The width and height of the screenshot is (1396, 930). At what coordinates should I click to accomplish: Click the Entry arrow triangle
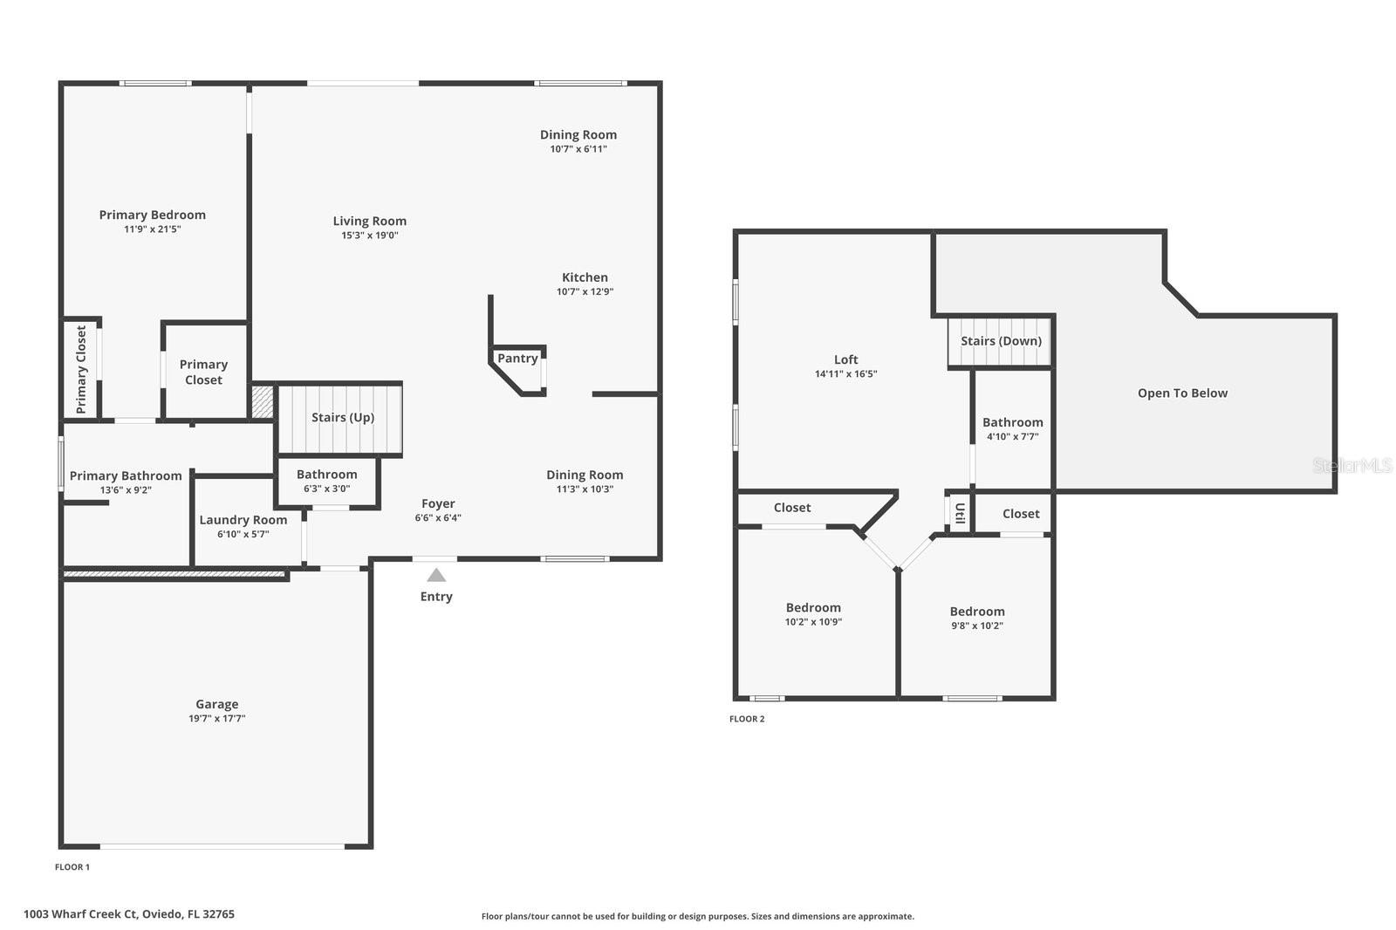click(436, 575)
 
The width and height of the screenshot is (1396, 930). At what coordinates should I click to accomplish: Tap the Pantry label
click(517, 359)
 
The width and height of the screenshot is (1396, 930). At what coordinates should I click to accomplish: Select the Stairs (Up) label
click(343, 418)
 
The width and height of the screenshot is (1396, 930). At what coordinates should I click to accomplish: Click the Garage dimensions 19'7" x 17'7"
click(217, 719)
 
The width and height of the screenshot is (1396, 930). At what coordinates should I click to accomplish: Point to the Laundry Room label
click(243, 520)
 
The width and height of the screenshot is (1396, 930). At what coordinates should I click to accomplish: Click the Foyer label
click(438, 503)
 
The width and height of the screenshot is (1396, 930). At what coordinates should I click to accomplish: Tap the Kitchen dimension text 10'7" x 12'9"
click(585, 292)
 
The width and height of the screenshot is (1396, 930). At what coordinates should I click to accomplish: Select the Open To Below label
click(1182, 393)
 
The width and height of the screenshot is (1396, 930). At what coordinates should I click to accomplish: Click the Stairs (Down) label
click(1001, 341)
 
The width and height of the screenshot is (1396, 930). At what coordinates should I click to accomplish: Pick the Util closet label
click(959, 512)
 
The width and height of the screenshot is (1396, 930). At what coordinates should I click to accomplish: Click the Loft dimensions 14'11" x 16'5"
click(845, 374)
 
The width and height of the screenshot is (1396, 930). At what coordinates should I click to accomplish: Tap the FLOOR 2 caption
click(747, 719)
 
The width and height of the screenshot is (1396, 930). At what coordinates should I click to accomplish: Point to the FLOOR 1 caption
click(72, 867)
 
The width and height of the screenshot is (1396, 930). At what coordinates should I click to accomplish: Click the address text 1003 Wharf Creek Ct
click(129, 914)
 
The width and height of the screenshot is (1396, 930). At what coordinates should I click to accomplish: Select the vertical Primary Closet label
click(81, 369)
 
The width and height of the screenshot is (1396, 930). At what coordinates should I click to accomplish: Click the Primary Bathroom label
click(126, 475)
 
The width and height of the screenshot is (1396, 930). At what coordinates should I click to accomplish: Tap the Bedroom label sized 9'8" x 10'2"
click(977, 612)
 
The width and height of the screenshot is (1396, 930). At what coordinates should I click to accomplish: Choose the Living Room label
click(369, 222)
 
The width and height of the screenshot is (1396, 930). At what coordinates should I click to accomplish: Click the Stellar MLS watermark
click(1352, 466)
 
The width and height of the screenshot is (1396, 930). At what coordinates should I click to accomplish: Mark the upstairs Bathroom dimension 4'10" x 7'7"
click(1012, 437)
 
